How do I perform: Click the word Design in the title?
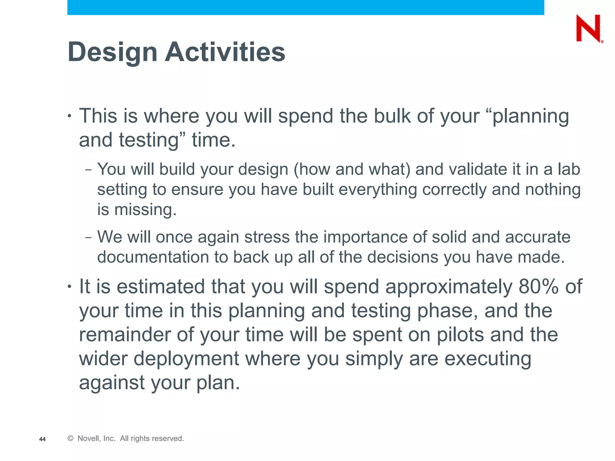coord(113,52)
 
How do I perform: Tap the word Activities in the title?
coord(225,52)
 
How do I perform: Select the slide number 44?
coord(42,439)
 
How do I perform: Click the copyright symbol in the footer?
coord(71,438)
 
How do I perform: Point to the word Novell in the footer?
coord(88,438)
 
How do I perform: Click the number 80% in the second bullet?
coord(538,286)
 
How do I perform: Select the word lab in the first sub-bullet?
coord(569,169)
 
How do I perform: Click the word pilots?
coord(460,334)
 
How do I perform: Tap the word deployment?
coord(186,359)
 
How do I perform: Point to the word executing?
coord(488,359)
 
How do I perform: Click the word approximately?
coord(449,286)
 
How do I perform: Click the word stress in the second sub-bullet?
coord(267,237)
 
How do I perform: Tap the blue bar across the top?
coord(305,7)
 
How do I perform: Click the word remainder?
coord(125,334)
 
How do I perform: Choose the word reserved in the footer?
coord(168,438)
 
